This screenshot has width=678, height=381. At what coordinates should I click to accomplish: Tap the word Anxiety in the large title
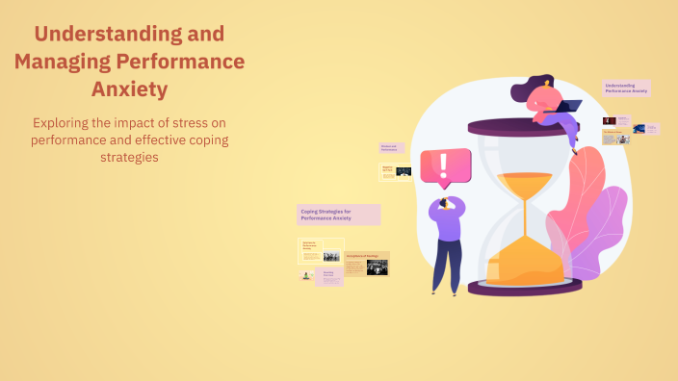tap(129, 89)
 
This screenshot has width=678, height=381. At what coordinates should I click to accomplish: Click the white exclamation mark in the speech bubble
tap(443, 165)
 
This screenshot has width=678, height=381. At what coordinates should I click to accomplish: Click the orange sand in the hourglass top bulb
tap(524, 180)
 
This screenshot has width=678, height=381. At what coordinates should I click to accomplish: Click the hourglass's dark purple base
tap(525, 287)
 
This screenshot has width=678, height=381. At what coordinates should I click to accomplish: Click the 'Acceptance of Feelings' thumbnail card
tap(366, 264)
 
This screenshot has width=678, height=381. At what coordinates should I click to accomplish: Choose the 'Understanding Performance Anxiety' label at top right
tap(626, 88)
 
